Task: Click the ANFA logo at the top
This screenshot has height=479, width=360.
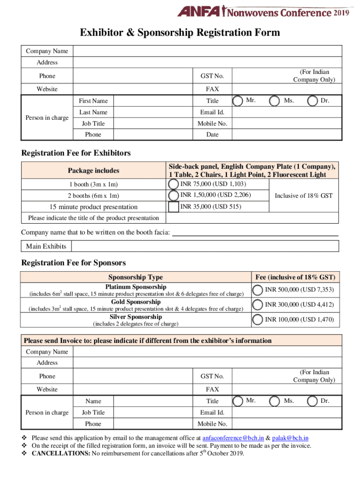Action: (199, 11)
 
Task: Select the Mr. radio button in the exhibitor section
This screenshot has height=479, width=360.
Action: (238, 101)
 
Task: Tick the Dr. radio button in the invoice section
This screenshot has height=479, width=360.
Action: (312, 401)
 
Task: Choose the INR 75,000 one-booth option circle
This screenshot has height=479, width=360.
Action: (173, 184)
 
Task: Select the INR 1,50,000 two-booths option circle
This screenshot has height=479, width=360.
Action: (173, 195)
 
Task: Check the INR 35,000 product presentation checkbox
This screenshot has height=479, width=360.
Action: (173, 206)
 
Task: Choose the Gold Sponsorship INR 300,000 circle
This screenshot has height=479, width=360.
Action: (257, 305)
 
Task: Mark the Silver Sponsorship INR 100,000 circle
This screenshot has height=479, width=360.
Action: (257, 320)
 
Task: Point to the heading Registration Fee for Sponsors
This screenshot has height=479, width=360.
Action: (73, 263)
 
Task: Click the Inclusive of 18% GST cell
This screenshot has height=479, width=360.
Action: (303, 196)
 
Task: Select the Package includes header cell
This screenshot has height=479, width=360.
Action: (94, 171)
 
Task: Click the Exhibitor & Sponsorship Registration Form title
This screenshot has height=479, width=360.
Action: (180, 32)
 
